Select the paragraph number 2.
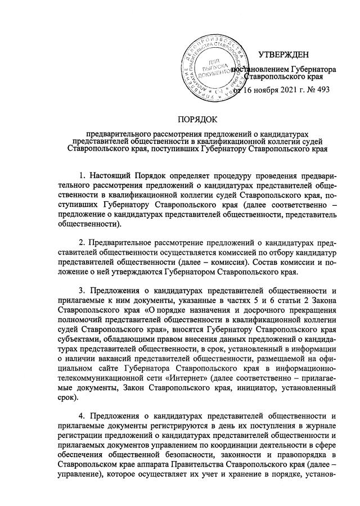click(82, 242)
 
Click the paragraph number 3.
click(82, 291)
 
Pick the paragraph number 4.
click(82, 417)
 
